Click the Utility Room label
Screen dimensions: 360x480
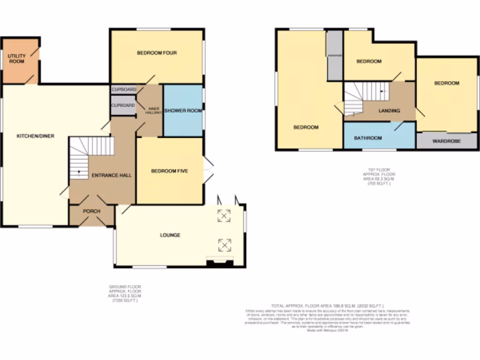pos(16,59)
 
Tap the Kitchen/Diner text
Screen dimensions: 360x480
pos(36,136)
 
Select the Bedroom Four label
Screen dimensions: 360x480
pos(157,53)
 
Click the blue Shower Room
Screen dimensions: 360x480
pos(183,111)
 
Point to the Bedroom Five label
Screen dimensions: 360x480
pos(169,171)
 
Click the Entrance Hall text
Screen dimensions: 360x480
pos(112,175)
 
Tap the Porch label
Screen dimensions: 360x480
pos(91,211)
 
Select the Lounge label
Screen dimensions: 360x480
pos(170,235)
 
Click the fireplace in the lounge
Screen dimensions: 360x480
pos(219,262)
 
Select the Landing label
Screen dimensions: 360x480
pos(389,111)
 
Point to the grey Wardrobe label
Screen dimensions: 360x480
pos(446,141)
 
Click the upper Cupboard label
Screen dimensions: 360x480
pos(124,90)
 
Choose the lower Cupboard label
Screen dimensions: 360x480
pos(122,105)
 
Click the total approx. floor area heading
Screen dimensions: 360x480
pos(327,306)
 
